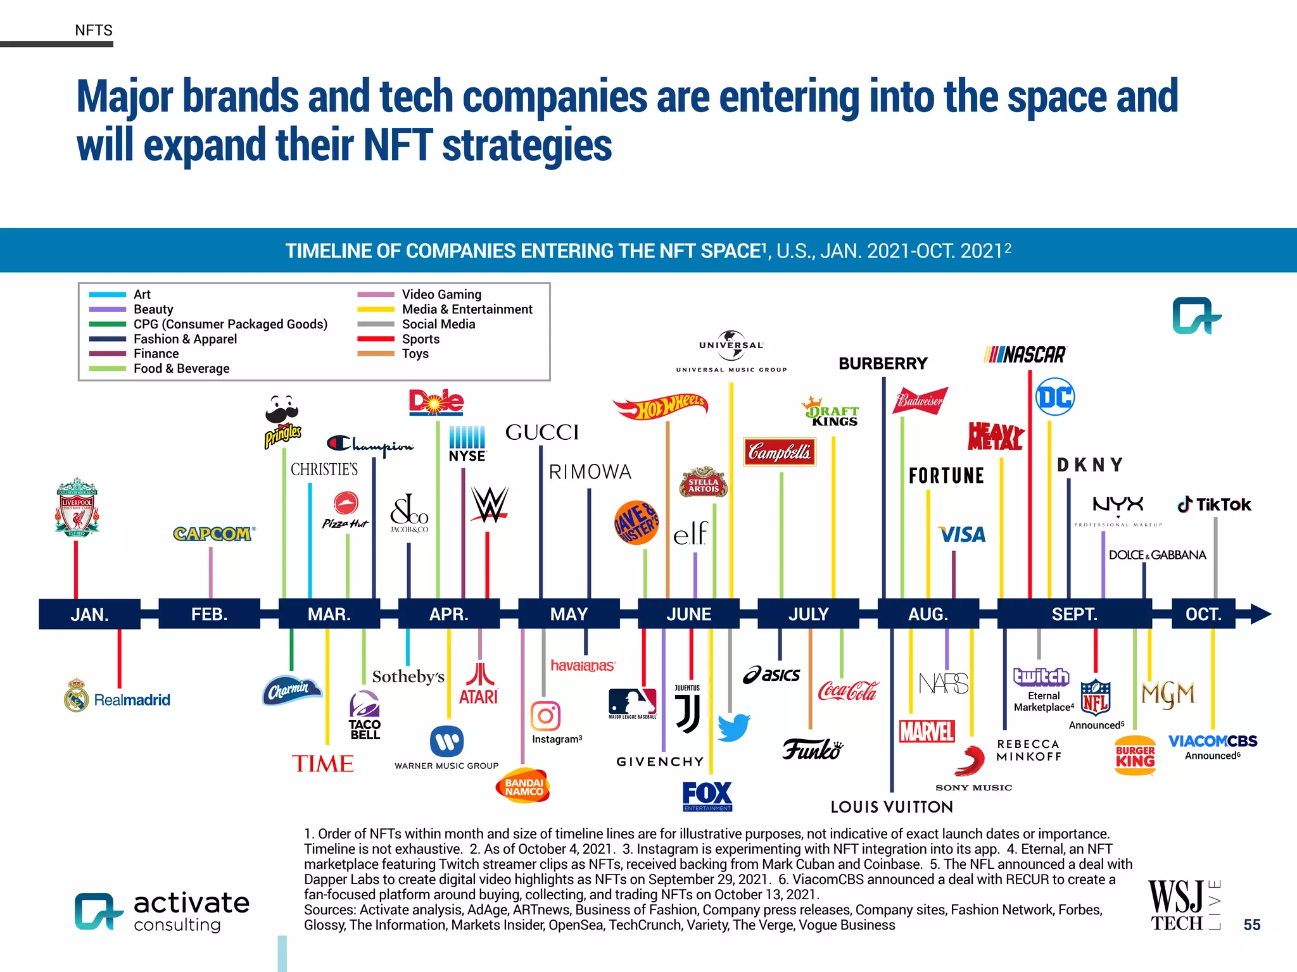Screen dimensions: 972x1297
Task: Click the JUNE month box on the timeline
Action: point(688,614)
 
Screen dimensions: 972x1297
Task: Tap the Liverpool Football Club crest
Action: point(77,508)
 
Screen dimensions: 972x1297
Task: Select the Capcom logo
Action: point(213,534)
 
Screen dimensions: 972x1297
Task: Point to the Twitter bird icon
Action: point(733,728)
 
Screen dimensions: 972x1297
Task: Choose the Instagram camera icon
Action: point(545,716)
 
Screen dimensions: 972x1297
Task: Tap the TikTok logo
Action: point(1214,504)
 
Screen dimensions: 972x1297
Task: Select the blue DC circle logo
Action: point(1055,397)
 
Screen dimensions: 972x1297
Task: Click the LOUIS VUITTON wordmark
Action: point(892,807)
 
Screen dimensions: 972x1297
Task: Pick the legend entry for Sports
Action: point(421,339)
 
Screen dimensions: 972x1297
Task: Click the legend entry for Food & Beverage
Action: point(181,368)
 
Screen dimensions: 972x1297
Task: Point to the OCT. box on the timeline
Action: point(1203,614)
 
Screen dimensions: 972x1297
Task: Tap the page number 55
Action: point(1251,925)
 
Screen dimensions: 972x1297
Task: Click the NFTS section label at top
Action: point(94,30)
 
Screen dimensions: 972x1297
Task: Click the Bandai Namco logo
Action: point(523,787)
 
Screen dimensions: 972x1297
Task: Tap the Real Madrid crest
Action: point(77,695)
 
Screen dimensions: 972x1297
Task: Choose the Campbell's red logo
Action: point(779,452)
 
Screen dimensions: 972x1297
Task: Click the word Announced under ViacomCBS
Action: point(1210,756)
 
